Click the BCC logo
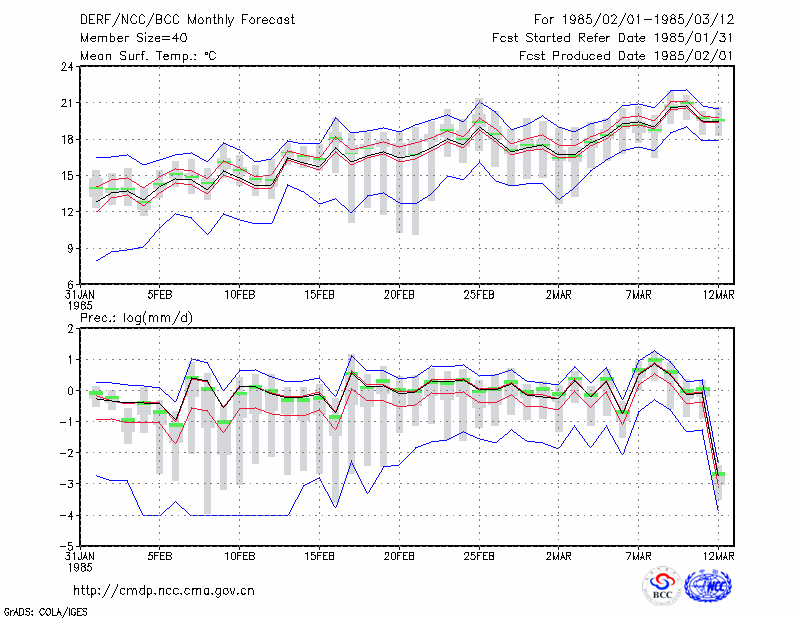[662, 586]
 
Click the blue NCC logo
[708, 586]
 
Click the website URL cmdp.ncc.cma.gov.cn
[164, 591]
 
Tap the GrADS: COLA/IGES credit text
[46, 612]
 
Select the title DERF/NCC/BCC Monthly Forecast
[187, 20]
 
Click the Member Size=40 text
[134, 38]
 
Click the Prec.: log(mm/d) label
[136, 318]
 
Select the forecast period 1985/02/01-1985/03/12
[634, 20]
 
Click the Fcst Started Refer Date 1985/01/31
[613, 38]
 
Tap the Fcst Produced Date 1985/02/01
[626, 56]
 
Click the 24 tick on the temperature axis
[68, 67]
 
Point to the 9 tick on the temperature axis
[71, 249]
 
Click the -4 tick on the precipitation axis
[67, 515]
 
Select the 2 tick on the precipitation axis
[71, 329]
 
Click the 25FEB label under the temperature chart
[479, 295]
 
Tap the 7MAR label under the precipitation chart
[638, 556]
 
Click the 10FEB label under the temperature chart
[239, 295]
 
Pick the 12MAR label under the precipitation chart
[718, 556]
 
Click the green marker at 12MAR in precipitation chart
[718, 474]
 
